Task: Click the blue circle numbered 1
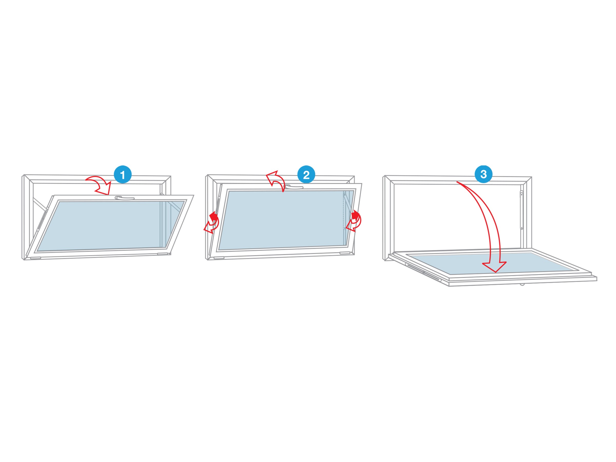coord(122,175)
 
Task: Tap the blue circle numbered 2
coord(306,175)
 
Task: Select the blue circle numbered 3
coord(484,174)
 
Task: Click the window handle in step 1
coord(124,198)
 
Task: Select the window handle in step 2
coord(294,187)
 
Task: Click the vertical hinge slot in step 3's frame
coord(522,210)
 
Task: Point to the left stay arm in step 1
coord(40,204)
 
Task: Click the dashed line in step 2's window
coord(344,212)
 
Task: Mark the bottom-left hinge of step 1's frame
coord(35,258)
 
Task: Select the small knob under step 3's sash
coord(522,284)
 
